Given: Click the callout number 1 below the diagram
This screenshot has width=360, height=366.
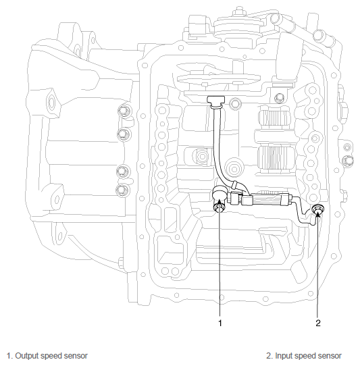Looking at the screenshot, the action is pyautogui.click(x=220, y=323).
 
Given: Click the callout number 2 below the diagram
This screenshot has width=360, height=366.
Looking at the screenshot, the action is pyautogui.click(x=317, y=323).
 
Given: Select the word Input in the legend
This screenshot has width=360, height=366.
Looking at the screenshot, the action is pyautogui.click(x=283, y=356).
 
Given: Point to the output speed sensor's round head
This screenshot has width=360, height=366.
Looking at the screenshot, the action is pyautogui.click(x=219, y=194).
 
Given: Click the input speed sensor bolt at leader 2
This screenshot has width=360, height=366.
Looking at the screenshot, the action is pyautogui.click(x=317, y=209).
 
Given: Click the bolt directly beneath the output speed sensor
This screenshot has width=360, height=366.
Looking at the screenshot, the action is pyautogui.click(x=219, y=207).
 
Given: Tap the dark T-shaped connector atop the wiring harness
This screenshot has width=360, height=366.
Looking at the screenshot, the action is pyautogui.click(x=215, y=101).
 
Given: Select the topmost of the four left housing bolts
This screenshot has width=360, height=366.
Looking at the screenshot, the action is pyautogui.click(x=124, y=111).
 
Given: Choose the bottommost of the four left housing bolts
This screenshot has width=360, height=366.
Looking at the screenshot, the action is pyautogui.click(x=122, y=190).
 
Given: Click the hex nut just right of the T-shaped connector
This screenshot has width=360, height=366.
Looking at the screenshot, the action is pyautogui.click(x=235, y=103).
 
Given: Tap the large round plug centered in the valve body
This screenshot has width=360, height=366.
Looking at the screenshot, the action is pyautogui.click(x=234, y=169).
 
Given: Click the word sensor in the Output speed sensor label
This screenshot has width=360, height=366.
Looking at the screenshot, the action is pyautogui.click(x=76, y=356).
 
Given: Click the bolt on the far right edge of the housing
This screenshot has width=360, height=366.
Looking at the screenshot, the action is pyautogui.click(x=347, y=161).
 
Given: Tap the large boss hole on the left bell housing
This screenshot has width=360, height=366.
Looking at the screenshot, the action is pyautogui.click(x=51, y=103).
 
